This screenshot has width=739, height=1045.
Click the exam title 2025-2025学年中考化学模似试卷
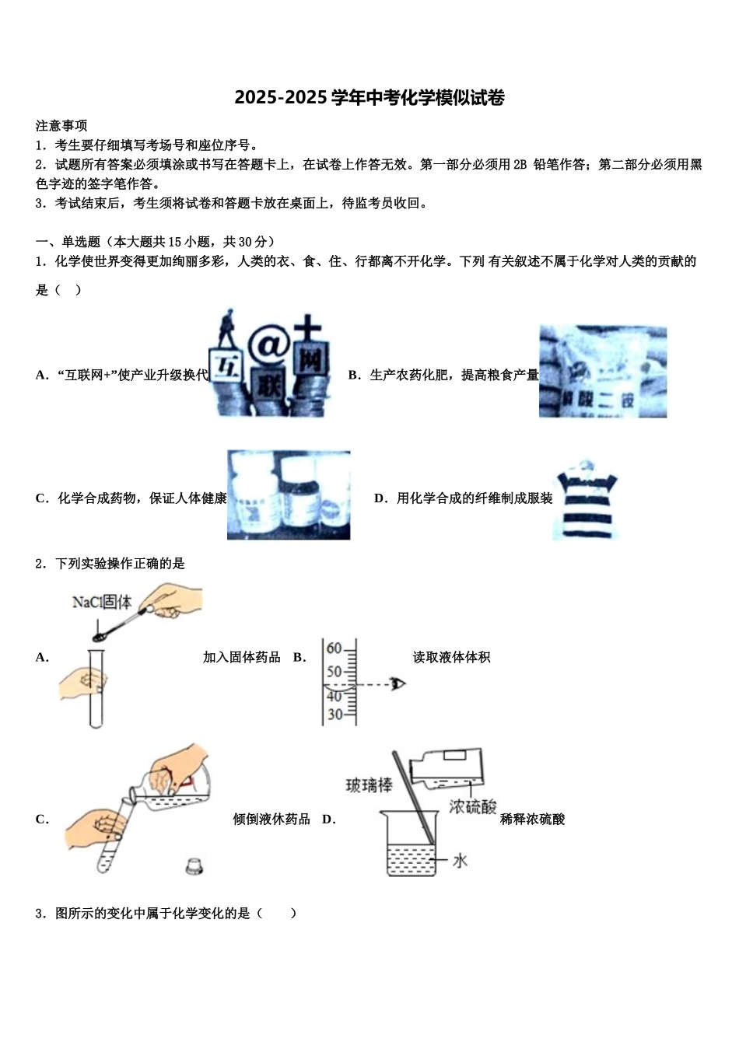369,98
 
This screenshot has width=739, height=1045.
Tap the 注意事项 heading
61,126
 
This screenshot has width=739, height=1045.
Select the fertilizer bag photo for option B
603,372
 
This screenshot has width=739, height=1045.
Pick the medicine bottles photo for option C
289,495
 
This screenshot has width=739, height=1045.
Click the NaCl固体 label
102,602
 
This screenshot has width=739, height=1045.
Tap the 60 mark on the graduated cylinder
334,648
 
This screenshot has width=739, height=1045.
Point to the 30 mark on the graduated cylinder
334,715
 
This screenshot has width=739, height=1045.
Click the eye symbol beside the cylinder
400,684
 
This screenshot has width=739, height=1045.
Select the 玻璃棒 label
369,785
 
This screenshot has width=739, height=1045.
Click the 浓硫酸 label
472,807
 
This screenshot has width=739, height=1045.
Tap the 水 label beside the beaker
461,860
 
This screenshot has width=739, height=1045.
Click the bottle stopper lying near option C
196,865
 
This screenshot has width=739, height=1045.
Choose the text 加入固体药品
241,658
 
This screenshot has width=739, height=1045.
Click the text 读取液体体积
451,658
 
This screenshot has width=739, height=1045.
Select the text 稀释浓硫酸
532,820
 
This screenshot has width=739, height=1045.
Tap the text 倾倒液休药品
271,820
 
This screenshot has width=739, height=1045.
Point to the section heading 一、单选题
68,242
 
